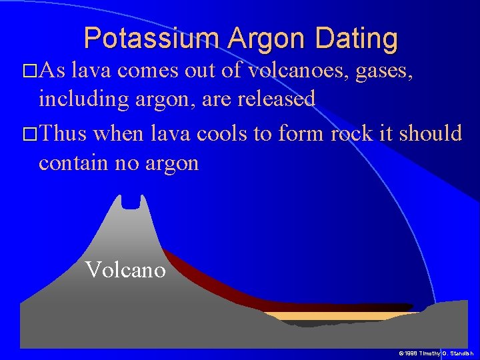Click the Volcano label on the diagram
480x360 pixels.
[125, 270]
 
